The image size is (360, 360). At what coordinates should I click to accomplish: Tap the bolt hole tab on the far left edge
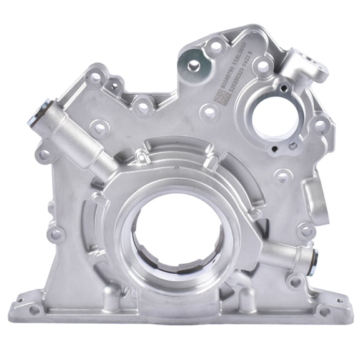pos(44,152)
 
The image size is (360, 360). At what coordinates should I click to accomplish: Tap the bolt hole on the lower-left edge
pos(56,234)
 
